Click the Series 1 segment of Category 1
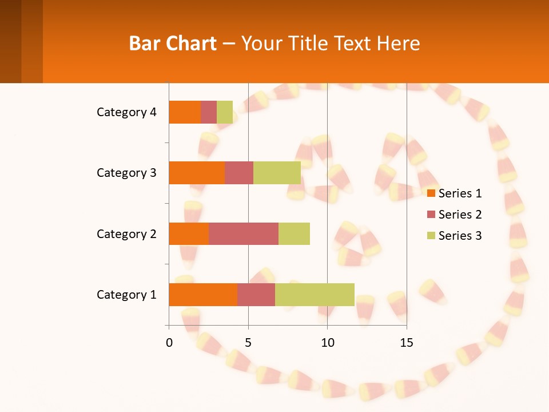click(203, 295)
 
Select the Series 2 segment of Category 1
click(256, 295)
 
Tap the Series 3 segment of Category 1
click(315, 295)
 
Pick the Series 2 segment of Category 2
click(244, 233)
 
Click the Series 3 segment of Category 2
click(294, 233)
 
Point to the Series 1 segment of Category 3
click(197, 173)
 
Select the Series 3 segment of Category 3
click(277, 173)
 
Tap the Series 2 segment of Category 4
click(209, 112)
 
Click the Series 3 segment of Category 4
click(225, 112)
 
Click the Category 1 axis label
click(126, 295)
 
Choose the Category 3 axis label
click(126, 173)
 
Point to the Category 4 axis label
click(126, 112)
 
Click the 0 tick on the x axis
click(169, 343)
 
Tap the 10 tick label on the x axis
click(327, 343)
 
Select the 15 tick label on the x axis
click(407, 343)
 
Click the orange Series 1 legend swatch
click(431, 193)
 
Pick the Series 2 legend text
click(460, 215)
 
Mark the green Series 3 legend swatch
click(431, 236)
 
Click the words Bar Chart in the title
click(173, 43)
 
